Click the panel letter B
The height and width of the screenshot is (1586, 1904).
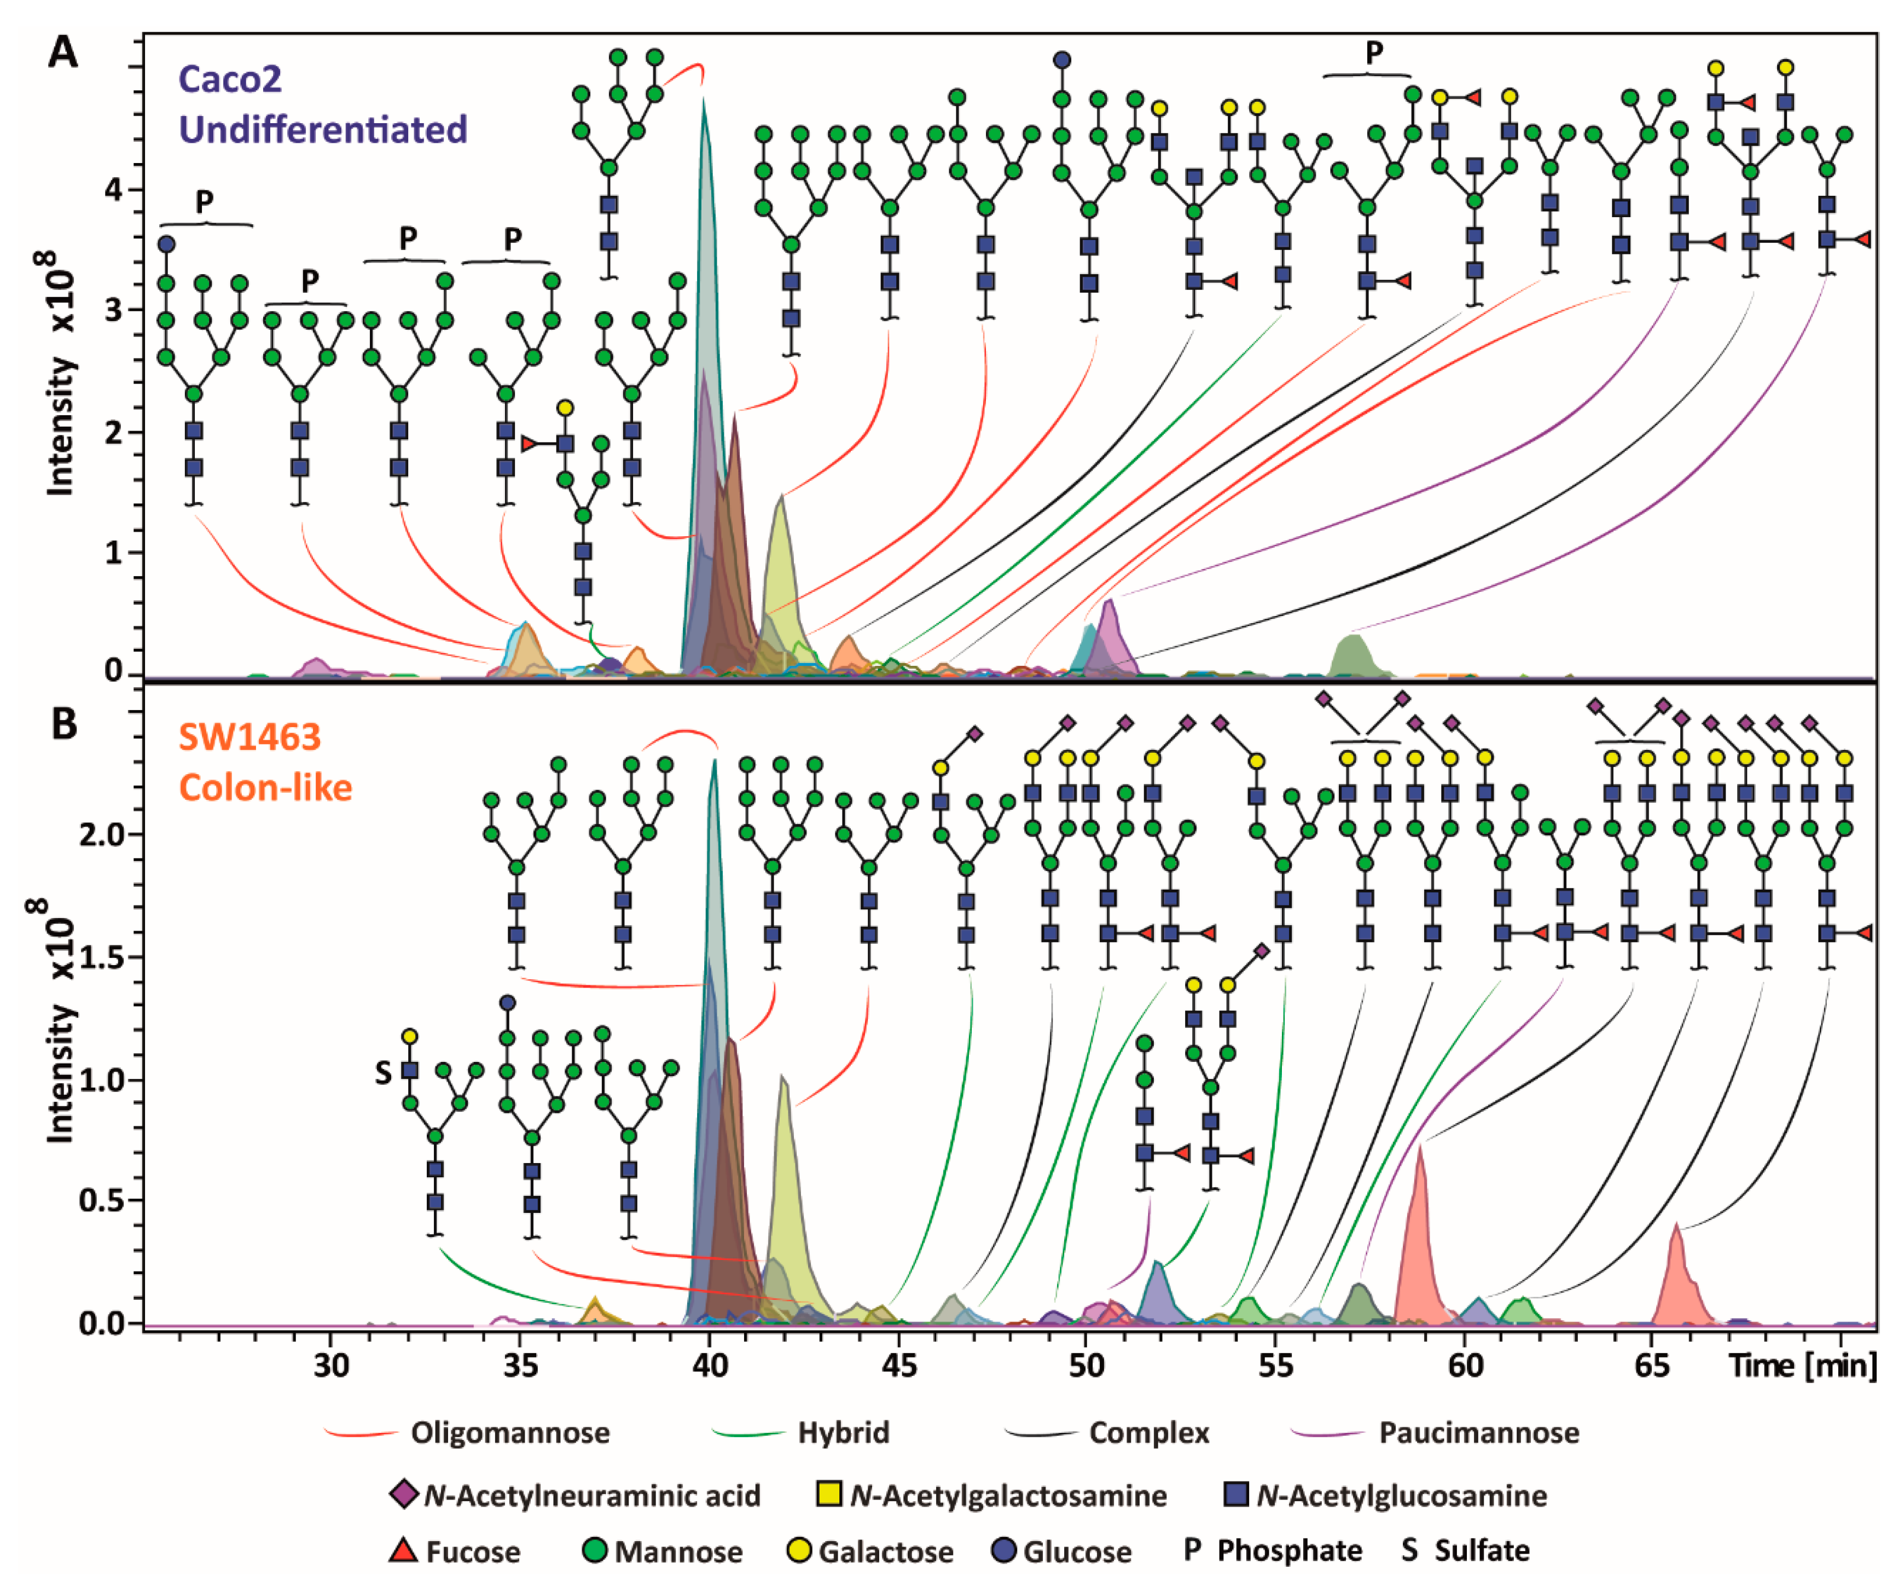pyautogui.click(x=63, y=724)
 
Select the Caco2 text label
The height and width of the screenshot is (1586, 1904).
pyautogui.click(x=230, y=80)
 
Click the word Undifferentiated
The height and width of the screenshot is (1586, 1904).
pyautogui.click(x=323, y=130)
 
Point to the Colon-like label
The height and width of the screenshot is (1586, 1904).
pyautogui.click(x=266, y=786)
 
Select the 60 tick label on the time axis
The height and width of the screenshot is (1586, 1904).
pyautogui.click(x=1464, y=1364)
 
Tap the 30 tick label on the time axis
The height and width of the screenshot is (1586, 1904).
pyautogui.click(x=332, y=1364)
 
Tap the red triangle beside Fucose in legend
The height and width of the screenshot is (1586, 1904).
pyautogui.click(x=403, y=1550)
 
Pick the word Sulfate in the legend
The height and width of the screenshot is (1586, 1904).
pyautogui.click(x=1482, y=1550)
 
